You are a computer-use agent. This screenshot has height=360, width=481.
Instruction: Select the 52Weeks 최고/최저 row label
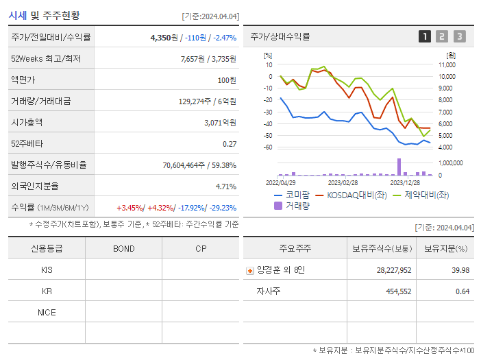tap(46, 59)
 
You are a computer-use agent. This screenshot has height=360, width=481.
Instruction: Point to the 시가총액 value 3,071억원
tap(220, 123)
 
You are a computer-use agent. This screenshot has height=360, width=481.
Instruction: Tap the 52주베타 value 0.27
tap(230, 144)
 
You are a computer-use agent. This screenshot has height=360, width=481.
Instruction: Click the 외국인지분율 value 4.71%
tap(225, 187)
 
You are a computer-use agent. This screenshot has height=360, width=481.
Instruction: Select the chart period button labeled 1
tap(425, 36)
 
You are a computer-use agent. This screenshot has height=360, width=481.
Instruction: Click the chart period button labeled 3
tap(459, 36)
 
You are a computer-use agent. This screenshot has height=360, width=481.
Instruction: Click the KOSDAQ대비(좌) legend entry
tap(348, 195)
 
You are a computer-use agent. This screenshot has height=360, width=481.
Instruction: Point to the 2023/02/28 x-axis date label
tap(343, 183)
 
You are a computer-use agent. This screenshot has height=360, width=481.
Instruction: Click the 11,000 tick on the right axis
tap(447, 64)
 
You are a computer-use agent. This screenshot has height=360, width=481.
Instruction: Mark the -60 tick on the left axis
tap(268, 147)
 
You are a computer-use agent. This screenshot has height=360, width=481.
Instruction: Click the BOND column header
tap(124, 249)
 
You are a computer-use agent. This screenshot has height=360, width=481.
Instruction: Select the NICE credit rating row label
tap(47, 312)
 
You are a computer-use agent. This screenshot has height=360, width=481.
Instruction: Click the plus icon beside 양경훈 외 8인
tap(250, 271)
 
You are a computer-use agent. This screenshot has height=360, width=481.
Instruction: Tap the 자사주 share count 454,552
tap(394, 291)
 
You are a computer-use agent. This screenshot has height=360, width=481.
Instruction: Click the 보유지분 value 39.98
tap(460, 270)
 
